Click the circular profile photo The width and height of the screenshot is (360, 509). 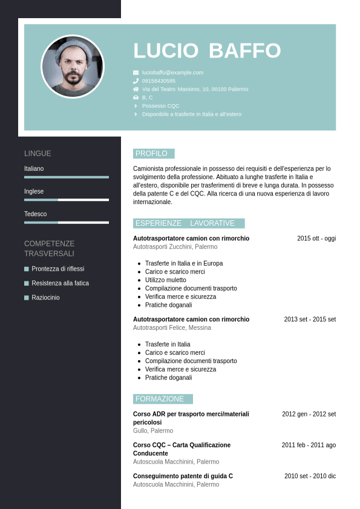73,67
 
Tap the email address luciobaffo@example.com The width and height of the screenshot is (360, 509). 172,73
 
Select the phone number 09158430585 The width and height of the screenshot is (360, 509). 159,81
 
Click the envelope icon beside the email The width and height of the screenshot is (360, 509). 136,73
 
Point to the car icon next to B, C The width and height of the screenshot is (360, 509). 136,97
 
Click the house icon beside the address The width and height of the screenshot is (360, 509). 136,89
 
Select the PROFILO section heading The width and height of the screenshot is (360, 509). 152,154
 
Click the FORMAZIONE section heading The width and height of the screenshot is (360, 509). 160,399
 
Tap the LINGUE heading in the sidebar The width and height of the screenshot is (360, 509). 38,154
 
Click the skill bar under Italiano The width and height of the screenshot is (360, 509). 67,177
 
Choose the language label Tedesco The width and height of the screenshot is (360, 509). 35,214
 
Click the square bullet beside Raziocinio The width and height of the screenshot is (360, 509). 27,298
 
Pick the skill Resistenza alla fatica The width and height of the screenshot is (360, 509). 60,283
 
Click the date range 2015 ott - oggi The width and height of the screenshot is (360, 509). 316,238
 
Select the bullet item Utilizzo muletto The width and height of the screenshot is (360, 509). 166,280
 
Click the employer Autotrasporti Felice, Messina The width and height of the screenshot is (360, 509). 172,327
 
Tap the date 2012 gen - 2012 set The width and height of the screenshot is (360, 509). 309,414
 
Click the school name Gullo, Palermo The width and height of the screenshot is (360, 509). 152,431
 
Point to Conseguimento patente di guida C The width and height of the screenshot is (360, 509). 183,476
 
